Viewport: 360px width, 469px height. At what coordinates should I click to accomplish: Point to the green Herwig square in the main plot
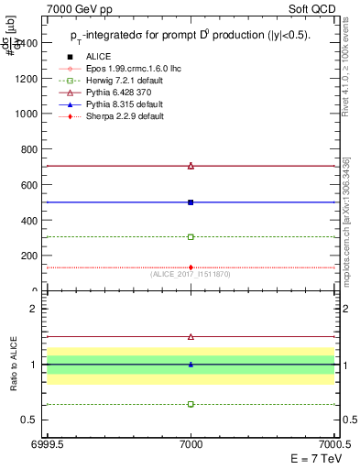coord(191,236)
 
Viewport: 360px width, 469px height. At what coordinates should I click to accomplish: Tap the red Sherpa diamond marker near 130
coord(191,267)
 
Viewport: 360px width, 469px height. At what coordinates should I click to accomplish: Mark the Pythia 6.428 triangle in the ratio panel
coord(191,337)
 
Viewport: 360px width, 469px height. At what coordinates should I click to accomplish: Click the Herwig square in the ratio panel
coord(191,404)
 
